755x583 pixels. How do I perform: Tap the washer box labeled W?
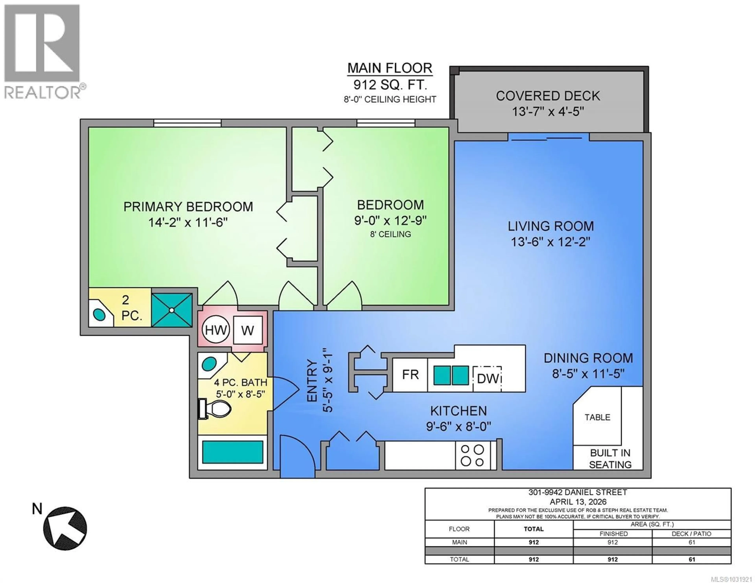[248, 330]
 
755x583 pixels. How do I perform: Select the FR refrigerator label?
[410, 375]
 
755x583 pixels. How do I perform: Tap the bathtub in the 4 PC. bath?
[232, 452]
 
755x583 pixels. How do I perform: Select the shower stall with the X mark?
[172, 310]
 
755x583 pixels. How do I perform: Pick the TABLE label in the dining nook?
[597, 417]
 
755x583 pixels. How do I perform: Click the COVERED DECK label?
[548, 96]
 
